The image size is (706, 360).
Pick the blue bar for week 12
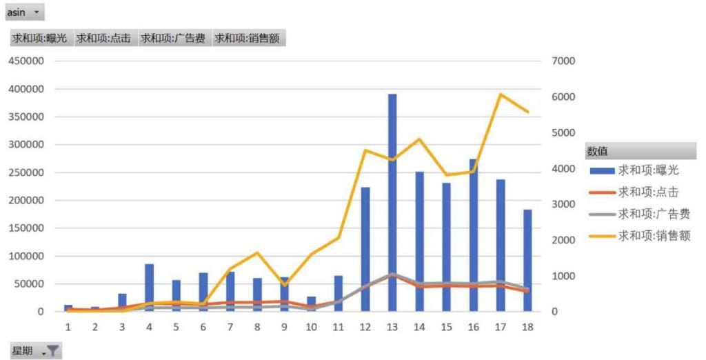click(x=365, y=249)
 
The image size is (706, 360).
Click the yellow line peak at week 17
click(x=501, y=94)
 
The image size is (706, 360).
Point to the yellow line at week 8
click(x=256, y=252)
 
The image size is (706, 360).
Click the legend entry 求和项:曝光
click(x=647, y=170)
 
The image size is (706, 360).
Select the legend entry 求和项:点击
click(x=647, y=192)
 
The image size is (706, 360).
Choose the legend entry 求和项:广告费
click(x=653, y=214)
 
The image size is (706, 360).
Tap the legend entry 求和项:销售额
click(x=653, y=236)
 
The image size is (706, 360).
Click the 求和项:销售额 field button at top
click(x=248, y=39)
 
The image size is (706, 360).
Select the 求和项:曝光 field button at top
click(x=39, y=39)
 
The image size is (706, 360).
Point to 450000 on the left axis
click(x=26, y=61)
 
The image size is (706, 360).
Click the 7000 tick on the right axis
click(x=563, y=61)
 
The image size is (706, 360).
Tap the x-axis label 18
click(x=527, y=326)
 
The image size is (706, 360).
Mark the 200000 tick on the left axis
click(x=26, y=201)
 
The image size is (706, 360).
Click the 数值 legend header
click(x=597, y=151)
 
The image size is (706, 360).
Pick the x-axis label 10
click(x=311, y=326)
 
